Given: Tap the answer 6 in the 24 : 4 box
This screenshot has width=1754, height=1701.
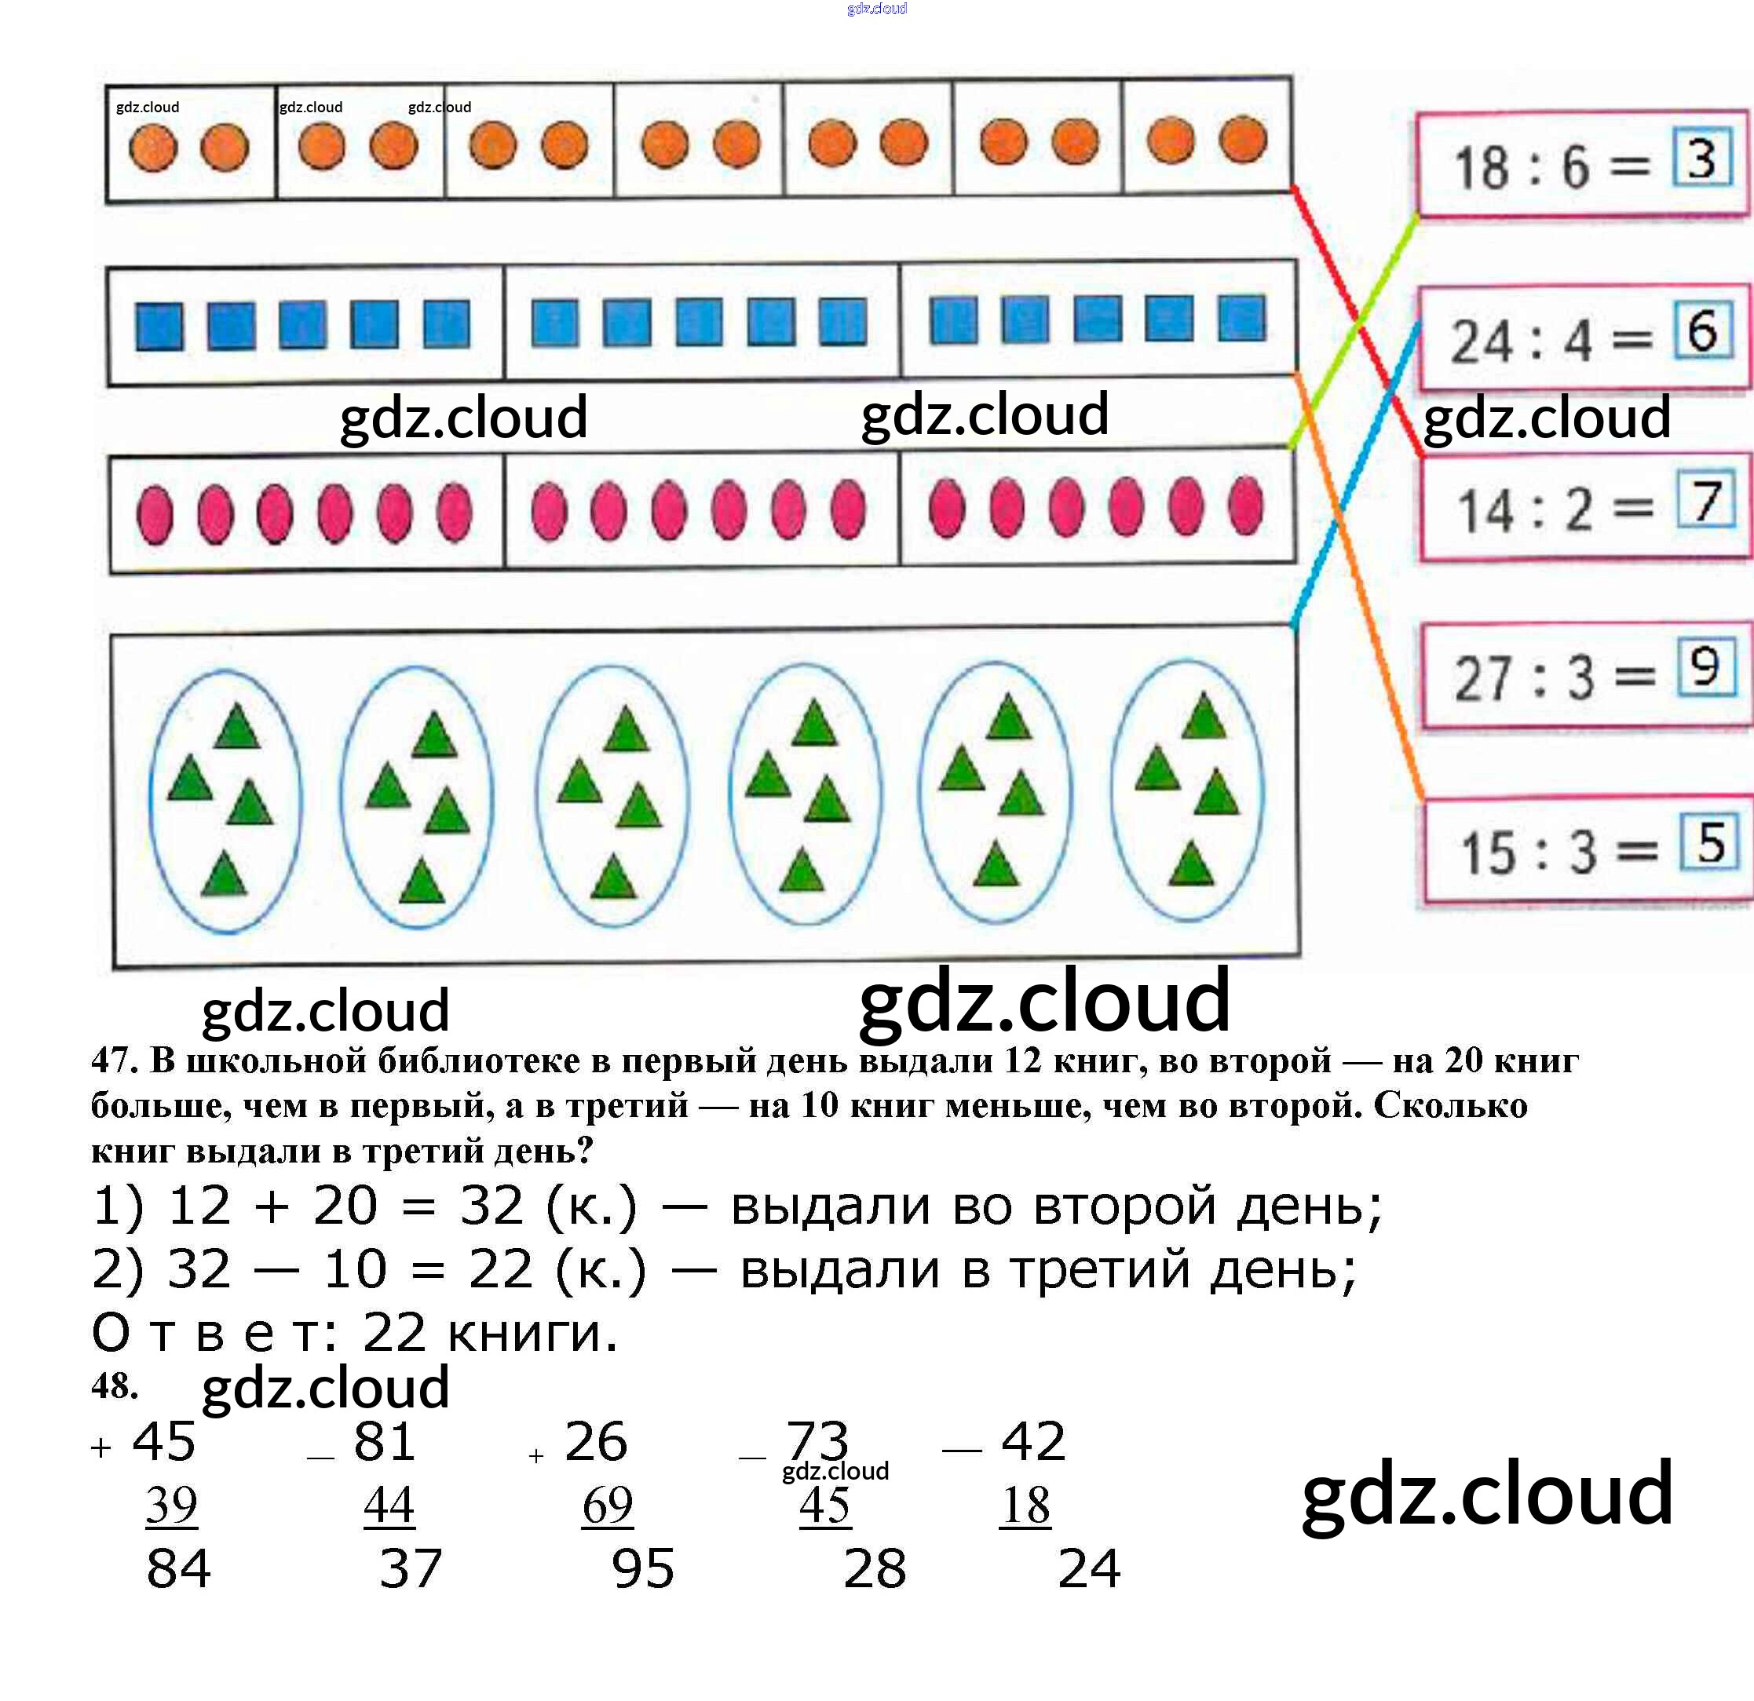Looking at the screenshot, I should click(x=1702, y=331).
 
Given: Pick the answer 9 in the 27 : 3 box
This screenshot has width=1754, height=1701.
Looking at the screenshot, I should click(x=1705, y=667).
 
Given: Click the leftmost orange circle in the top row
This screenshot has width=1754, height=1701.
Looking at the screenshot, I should click(x=153, y=148).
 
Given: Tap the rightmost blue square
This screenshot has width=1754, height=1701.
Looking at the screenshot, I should click(x=1242, y=318).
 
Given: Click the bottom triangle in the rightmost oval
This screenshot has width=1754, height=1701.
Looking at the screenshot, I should click(x=1190, y=863).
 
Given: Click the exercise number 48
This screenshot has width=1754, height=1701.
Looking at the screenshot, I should click(x=114, y=1386).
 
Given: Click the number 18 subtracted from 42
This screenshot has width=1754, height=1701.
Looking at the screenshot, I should click(x=1025, y=1505).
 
